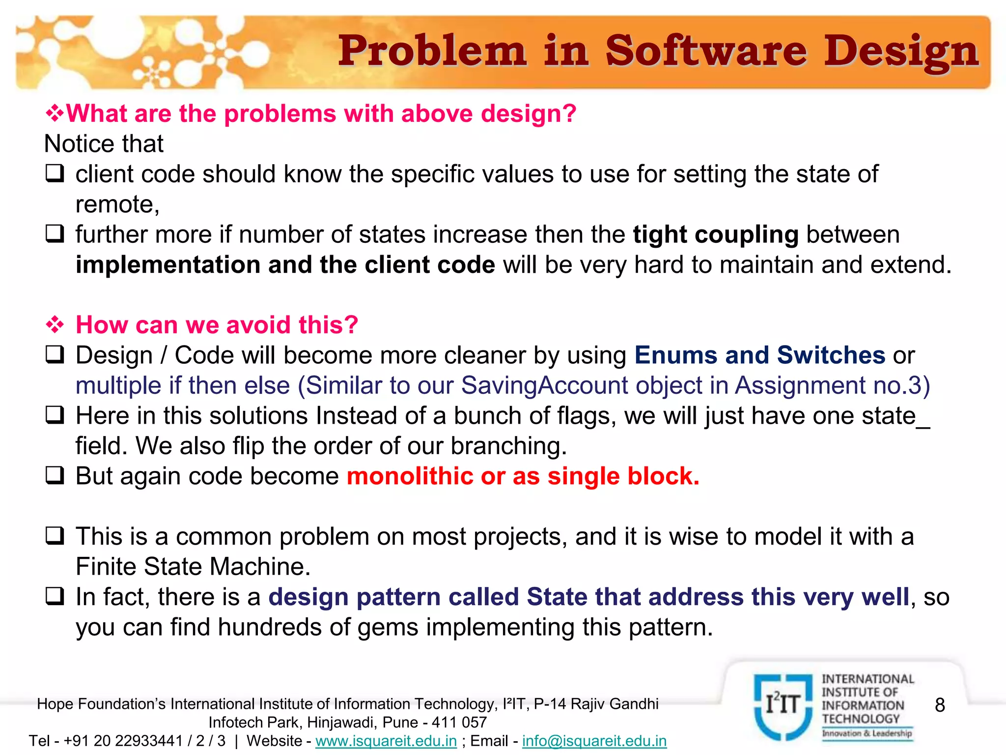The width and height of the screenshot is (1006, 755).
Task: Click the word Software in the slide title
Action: point(706,52)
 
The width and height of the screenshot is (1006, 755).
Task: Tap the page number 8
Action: point(940,705)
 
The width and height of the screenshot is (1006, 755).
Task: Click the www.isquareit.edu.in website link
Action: point(386,741)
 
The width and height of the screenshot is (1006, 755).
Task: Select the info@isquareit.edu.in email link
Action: point(594,741)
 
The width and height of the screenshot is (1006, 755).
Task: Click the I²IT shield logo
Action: point(783,706)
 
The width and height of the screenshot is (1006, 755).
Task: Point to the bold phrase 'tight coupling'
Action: point(716,234)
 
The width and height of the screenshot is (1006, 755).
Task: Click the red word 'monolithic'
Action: point(410,476)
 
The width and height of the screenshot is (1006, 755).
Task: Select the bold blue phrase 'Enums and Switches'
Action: point(760,355)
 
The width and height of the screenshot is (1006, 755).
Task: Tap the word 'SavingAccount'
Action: point(545,385)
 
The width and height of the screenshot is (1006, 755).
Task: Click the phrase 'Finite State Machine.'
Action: point(193,567)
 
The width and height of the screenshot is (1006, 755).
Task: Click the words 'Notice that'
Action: point(104,144)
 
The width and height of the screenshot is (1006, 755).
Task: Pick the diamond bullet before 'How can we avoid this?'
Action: point(55,324)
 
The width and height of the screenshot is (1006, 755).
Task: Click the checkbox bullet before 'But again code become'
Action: point(55,476)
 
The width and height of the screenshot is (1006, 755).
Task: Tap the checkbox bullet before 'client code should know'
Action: point(55,174)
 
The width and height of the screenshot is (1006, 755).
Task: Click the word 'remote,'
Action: point(117,204)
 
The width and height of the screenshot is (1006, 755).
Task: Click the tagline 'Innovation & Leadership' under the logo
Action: point(867,733)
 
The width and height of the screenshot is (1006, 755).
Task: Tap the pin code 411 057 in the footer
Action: point(459,723)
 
